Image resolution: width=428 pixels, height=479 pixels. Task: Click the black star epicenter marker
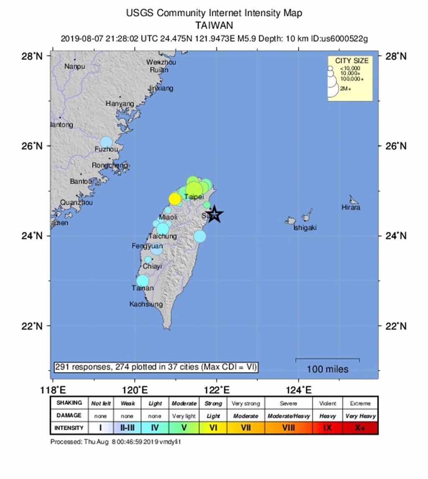(214, 214)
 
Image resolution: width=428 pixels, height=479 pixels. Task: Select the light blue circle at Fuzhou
(107, 142)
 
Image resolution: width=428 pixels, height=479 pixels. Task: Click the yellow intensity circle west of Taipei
(175, 198)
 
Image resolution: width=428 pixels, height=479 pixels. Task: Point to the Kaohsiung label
(146, 304)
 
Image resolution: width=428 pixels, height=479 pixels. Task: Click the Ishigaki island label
(305, 228)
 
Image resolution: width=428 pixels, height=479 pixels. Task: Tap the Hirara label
(350, 207)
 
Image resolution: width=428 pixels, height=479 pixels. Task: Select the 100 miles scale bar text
(327, 369)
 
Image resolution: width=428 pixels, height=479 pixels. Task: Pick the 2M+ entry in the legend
(346, 89)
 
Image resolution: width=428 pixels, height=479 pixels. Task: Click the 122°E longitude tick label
(217, 391)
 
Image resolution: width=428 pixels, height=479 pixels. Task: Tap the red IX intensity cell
(327, 428)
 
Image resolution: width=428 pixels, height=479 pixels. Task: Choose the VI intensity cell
(213, 428)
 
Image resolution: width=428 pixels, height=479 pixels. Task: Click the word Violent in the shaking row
(327, 404)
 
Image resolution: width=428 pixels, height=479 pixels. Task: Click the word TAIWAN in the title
(214, 25)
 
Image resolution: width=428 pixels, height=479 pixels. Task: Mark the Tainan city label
(143, 288)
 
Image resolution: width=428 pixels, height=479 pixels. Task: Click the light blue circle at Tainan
(143, 280)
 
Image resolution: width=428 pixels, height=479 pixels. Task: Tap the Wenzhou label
(161, 62)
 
